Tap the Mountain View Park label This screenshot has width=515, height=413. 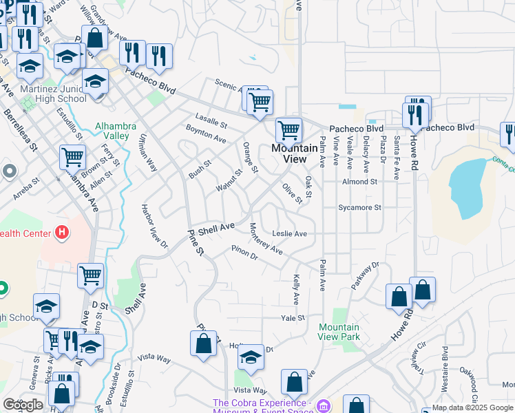tap(339, 332)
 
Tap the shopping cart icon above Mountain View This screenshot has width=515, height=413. tap(288, 129)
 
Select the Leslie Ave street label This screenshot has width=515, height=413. tap(289, 233)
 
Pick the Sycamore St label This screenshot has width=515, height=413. tap(359, 207)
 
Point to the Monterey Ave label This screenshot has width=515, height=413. tap(266, 239)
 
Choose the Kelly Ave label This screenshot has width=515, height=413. tap(297, 290)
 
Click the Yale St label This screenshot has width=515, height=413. tap(293, 318)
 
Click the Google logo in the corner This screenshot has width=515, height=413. tap(22, 405)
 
